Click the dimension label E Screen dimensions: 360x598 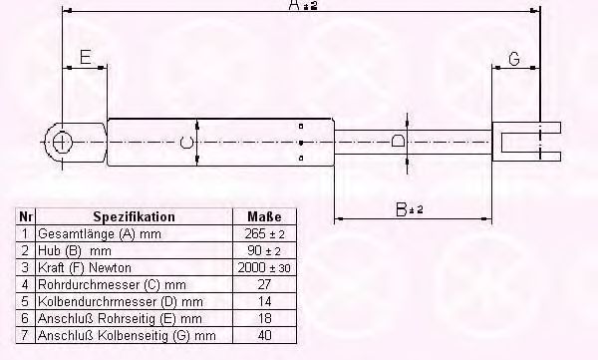point(86,58)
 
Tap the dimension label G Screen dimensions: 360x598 point(514,59)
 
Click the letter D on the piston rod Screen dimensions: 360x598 point(399,142)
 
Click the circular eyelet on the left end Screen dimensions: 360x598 point(62,142)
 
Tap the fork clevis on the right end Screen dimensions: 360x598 point(528,141)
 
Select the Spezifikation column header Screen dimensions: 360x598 point(134,216)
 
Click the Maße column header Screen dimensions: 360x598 point(263,216)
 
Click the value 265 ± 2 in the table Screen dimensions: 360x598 point(263,232)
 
